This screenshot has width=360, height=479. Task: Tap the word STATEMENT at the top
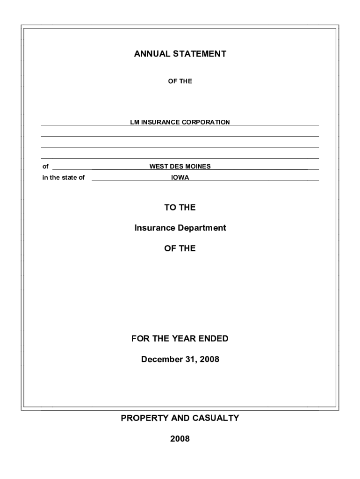[x=200, y=54]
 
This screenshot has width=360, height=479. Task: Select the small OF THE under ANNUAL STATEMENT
[x=180, y=81]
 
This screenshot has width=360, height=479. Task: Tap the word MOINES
[x=198, y=166]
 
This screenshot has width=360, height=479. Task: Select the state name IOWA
[x=180, y=177]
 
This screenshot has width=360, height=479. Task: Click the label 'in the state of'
[x=63, y=177]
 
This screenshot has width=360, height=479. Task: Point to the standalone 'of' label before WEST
[x=45, y=166]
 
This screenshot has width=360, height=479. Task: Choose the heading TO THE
[x=180, y=207]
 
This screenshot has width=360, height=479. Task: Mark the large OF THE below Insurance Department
[x=180, y=248]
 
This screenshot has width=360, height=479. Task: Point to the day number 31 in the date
[x=191, y=359]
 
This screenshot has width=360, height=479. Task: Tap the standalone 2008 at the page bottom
[x=180, y=439]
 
